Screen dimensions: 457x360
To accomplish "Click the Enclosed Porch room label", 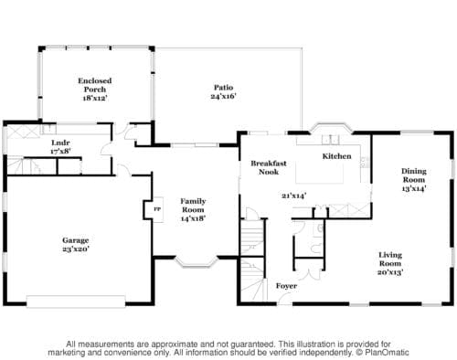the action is [95, 85].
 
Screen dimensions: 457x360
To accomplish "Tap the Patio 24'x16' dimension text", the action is [224, 96].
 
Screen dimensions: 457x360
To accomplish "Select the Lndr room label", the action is [60, 143].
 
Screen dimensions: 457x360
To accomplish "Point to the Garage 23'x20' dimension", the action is [76, 249].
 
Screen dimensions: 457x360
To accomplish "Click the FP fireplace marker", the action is [157, 209].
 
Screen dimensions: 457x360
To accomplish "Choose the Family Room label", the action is [193, 206].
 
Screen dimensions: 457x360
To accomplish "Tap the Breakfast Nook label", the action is [269, 167].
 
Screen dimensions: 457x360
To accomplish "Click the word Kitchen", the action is [336, 156].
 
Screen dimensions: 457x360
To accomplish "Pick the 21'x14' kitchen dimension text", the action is [293, 196].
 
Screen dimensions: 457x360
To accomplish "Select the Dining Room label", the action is [414, 175].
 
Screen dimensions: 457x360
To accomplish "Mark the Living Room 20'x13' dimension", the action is [390, 272].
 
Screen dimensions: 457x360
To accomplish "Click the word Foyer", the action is [286, 286].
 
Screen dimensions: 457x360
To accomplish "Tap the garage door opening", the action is [76, 302].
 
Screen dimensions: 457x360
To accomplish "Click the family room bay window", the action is [197, 262].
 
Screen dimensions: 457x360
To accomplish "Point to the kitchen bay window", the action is [332, 128].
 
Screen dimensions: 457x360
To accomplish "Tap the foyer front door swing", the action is [284, 300].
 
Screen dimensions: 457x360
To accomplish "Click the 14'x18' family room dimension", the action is [193, 218].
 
